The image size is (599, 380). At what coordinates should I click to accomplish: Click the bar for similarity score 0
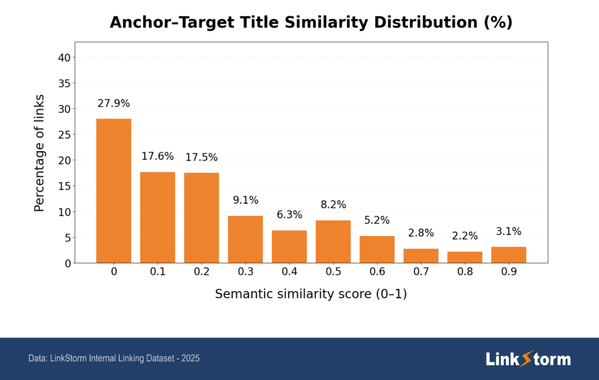point(113,191)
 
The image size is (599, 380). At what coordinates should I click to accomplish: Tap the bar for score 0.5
point(333,241)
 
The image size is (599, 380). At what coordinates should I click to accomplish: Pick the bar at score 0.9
point(508,255)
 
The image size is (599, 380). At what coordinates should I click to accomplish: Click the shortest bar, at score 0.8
point(464,257)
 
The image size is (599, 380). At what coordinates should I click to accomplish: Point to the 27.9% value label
point(113,104)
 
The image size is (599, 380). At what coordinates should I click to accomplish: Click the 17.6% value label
point(157,156)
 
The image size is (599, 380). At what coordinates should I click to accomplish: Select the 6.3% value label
point(289,215)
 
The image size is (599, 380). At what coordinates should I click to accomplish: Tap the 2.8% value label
point(421,233)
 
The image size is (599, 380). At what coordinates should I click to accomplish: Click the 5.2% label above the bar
point(377,221)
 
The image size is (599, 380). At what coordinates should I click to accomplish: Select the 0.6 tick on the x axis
point(377,272)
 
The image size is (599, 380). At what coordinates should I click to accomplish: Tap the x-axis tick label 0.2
point(201,272)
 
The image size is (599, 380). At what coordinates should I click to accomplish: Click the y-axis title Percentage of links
point(39,152)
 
